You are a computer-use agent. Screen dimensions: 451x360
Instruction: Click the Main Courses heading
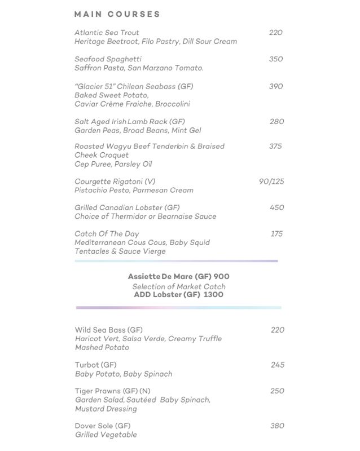[x=117, y=14]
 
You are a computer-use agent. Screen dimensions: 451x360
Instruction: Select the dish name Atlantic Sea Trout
[x=107, y=33]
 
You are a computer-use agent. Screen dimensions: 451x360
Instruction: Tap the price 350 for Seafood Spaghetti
[x=276, y=59]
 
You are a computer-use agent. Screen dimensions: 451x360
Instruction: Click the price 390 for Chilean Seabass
[x=276, y=86]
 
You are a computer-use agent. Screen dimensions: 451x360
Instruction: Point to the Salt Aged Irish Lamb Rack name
[x=130, y=122]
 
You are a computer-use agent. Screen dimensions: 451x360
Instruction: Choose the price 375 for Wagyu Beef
[x=276, y=146]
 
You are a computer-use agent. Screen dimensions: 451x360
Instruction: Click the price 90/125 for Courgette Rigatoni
[x=271, y=182]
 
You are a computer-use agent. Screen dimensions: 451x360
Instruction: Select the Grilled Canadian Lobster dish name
[x=127, y=207]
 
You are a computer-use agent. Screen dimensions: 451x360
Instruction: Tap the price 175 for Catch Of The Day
[x=276, y=234]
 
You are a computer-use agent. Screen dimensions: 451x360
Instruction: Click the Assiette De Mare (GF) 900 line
[x=178, y=277]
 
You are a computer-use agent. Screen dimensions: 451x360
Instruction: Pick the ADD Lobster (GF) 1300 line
[x=178, y=295]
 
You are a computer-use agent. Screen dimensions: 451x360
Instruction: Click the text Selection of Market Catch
[x=178, y=286]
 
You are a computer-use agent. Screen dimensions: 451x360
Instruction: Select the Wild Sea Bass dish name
[x=108, y=330]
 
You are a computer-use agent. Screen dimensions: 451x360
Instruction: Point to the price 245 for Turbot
[x=277, y=365]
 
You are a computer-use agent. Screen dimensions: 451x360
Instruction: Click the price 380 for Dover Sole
[x=277, y=426]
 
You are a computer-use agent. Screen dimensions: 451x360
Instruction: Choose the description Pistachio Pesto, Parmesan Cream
[x=134, y=191]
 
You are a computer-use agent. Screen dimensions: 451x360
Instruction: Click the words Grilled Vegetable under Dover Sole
[x=106, y=435]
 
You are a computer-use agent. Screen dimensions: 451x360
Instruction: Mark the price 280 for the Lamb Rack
[x=276, y=122]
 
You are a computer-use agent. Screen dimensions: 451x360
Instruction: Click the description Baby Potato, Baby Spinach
[x=124, y=374]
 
